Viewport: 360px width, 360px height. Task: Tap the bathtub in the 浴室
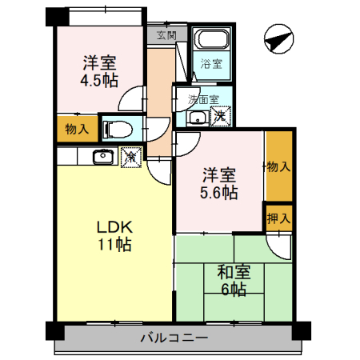(x=213, y=40)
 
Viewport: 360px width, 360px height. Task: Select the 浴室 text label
(x=211, y=63)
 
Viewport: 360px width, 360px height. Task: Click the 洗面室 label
(x=202, y=99)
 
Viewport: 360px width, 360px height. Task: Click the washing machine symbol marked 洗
(x=221, y=118)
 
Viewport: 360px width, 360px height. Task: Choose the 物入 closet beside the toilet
(x=76, y=129)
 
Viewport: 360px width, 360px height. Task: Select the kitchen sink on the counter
(x=102, y=157)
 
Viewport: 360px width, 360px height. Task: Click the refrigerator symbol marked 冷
(x=130, y=158)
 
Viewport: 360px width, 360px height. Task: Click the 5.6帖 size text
(x=218, y=193)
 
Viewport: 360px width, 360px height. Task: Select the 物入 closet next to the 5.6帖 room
(x=278, y=166)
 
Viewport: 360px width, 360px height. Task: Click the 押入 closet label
(x=279, y=217)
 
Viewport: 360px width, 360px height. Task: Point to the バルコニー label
(x=174, y=338)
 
